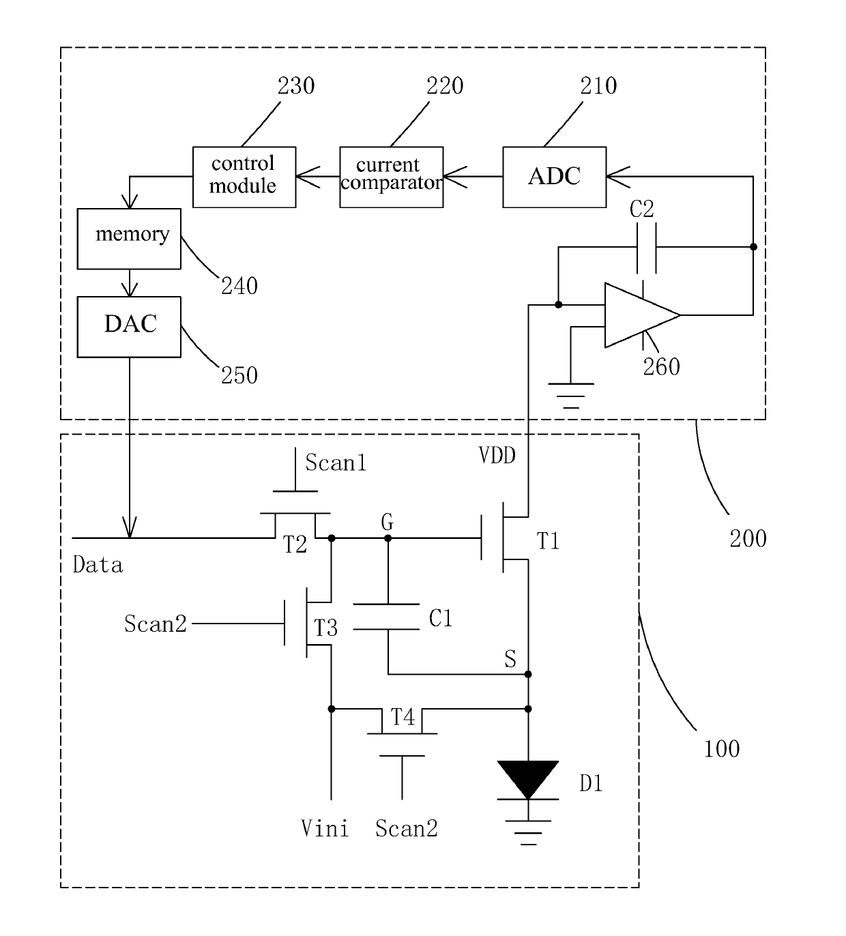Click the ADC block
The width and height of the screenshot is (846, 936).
tap(555, 177)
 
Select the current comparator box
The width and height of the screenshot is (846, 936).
tap(392, 177)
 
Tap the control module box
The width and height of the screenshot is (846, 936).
tap(244, 177)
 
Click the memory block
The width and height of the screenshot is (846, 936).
tap(129, 238)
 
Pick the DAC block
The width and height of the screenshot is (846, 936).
tap(129, 327)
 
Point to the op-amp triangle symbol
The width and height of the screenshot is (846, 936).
tap(642, 315)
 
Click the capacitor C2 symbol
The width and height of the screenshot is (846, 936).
tap(647, 248)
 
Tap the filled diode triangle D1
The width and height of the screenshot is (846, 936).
tap(528, 779)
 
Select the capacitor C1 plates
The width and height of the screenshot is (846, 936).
tap(386, 617)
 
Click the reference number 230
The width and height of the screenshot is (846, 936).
tap(296, 86)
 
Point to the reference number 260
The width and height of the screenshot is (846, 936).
tap(661, 367)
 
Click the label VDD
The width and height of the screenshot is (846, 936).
tap(497, 456)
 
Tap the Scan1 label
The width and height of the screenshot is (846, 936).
tap(336, 463)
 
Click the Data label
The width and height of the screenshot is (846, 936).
tap(98, 565)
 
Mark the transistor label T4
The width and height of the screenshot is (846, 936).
tap(403, 717)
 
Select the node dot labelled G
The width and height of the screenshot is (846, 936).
tap(388, 538)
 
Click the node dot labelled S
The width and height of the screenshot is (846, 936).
tap(528, 674)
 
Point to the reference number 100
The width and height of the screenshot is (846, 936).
tap(721, 749)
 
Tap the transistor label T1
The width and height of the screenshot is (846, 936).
tap(548, 541)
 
